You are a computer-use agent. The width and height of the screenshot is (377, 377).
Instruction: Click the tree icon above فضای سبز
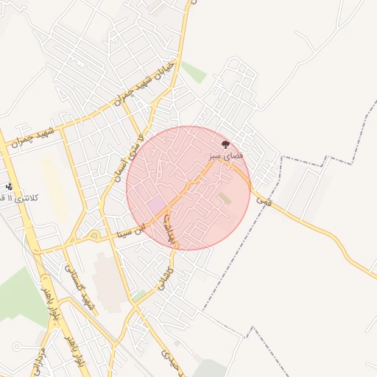(225, 144)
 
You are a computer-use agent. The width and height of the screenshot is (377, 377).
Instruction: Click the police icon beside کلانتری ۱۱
(9, 187)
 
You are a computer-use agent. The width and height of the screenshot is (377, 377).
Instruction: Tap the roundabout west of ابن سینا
(94, 236)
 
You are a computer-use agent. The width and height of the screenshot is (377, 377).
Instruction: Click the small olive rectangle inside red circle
(225, 198)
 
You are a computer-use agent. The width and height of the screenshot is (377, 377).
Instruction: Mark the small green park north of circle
(194, 73)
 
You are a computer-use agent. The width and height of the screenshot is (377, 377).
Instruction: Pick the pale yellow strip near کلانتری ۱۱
(53, 187)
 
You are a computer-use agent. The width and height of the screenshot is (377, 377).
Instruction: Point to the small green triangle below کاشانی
(139, 296)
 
